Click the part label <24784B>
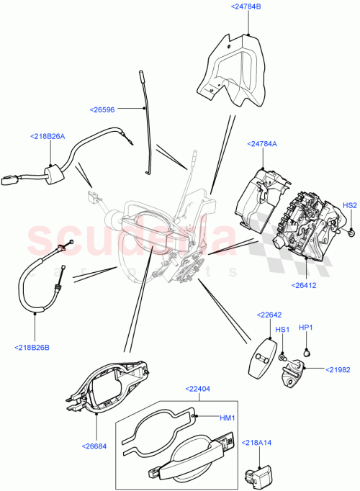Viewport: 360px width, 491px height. point(246,6)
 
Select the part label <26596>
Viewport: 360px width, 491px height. point(107,109)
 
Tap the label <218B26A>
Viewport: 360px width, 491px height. point(48,136)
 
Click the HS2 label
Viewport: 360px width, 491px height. point(349,205)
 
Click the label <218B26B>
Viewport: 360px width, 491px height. point(33,347)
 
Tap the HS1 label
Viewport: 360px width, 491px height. point(283,330)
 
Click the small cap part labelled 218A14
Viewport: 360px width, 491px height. point(253,476)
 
